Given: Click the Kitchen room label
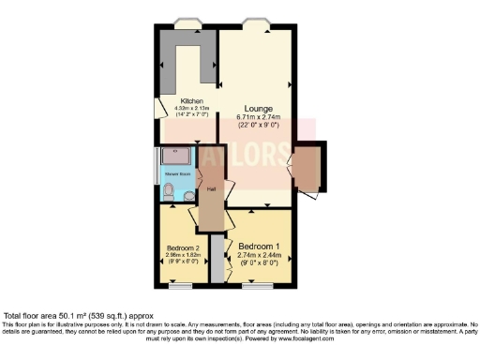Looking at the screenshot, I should click(193, 101).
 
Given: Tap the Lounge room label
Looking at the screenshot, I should click(259, 108).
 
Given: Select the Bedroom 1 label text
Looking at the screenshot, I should click(259, 247).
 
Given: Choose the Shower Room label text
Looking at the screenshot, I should click(178, 174).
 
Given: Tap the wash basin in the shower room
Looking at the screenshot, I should click(189, 197).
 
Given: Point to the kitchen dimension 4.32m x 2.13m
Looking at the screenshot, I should click(193, 109).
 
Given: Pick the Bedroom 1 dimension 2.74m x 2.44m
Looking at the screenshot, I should click(259, 255).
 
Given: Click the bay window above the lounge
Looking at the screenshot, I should click(253, 22).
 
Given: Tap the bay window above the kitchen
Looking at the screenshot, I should click(187, 22).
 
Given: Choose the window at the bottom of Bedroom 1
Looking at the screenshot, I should click(254, 286).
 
